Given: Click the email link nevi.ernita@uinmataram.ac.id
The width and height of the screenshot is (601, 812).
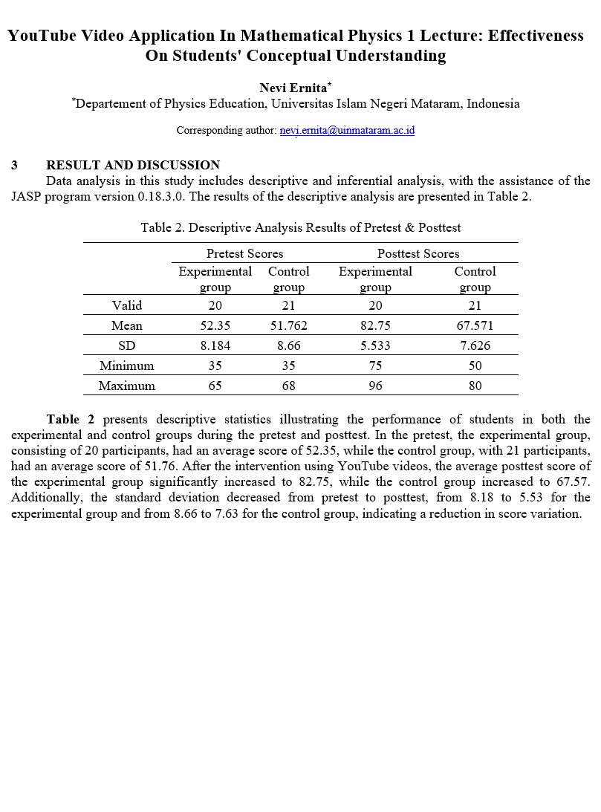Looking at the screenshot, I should pyautogui.click(x=347, y=131).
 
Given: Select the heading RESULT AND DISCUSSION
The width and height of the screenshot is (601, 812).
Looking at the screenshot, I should pyautogui.click(x=133, y=165).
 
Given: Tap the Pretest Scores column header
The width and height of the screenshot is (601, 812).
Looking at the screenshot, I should pyautogui.click(x=244, y=253).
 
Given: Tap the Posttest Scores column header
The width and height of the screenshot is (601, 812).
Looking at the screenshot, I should pyautogui.click(x=418, y=253).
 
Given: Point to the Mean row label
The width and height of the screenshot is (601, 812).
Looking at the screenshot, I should pyautogui.click(x=127, y=325).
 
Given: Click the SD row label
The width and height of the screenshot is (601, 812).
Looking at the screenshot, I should pyautogui.click(x=127, y=345).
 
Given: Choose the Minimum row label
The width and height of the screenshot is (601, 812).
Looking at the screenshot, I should pyautogui.click(x=127, y=366).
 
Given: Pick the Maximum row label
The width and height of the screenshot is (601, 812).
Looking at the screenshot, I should pyautogui.click(x=127, y=386).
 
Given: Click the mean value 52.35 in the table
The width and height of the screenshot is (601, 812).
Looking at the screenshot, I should pyautogui.click(x=215, y=325).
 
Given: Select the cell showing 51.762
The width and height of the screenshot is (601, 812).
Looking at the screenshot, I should pyautogui.click(x=288, y=325).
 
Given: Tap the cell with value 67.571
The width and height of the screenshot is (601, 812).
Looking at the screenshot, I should pyautogui.click(x=475, y=325).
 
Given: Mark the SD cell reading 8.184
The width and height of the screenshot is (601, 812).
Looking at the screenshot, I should pyautogui.click(x=215, y=345).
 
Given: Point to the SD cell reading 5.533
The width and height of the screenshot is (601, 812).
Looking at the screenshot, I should pyautogui.click(x=375, y=345).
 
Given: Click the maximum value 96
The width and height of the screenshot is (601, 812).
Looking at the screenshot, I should pyautogui.click(x=375, y=386).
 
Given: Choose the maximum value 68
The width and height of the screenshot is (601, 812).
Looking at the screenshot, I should pyautogui.click(x=288, y=386).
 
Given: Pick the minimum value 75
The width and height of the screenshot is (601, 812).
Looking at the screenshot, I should pyautogui.click(x=375, y=366).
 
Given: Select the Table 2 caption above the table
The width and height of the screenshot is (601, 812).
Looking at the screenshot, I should pyautogui.click(x=301, y=227).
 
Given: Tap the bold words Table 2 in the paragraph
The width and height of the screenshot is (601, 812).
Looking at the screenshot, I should pyautogui.click(x=70, y=419).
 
